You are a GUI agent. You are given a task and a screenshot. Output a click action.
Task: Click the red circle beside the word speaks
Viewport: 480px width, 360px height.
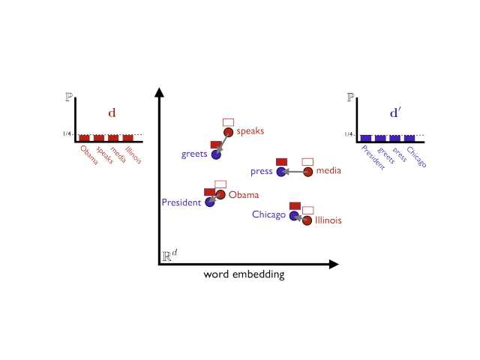coord(229,132)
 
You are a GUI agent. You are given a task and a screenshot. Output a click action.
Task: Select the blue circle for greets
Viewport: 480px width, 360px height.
coord(216,154)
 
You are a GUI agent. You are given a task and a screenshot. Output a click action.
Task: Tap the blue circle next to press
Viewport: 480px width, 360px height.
coord(281,172)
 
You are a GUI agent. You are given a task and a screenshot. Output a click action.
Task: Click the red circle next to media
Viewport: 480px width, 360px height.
coord(307,172)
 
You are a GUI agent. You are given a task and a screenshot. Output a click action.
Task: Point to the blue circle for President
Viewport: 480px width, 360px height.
coord(210,202)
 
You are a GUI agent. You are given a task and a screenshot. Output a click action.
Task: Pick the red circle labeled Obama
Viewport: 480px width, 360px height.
coord(220,195)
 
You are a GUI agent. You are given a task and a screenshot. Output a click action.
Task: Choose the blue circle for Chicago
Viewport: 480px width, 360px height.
coord(295,215)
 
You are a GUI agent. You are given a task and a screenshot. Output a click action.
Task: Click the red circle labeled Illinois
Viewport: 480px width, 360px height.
coord(307,220)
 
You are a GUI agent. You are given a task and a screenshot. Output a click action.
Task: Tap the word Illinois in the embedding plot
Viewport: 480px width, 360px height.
coord(328,220)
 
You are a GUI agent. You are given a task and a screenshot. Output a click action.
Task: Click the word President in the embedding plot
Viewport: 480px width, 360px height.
coord(181,202)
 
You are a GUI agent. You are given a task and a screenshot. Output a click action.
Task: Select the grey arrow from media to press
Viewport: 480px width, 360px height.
coord(294,172)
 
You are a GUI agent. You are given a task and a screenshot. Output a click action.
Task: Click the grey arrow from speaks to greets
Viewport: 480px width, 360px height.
coord(223,143)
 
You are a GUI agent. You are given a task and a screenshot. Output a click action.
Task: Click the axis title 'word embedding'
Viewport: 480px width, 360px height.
coord(244,274)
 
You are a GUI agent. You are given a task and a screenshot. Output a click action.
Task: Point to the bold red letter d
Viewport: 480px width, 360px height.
coord(112,113)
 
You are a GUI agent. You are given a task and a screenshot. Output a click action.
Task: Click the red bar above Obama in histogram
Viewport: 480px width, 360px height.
coord(85,138)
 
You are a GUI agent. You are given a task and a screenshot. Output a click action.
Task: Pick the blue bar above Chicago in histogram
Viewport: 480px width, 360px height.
coord(409,138)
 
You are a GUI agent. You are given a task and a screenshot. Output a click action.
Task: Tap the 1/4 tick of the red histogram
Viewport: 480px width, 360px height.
coord(67,134)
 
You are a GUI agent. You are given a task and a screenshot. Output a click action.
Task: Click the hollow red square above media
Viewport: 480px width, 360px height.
coord(307,161)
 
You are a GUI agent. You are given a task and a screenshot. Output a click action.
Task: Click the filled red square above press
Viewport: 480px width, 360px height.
coord(282,161)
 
